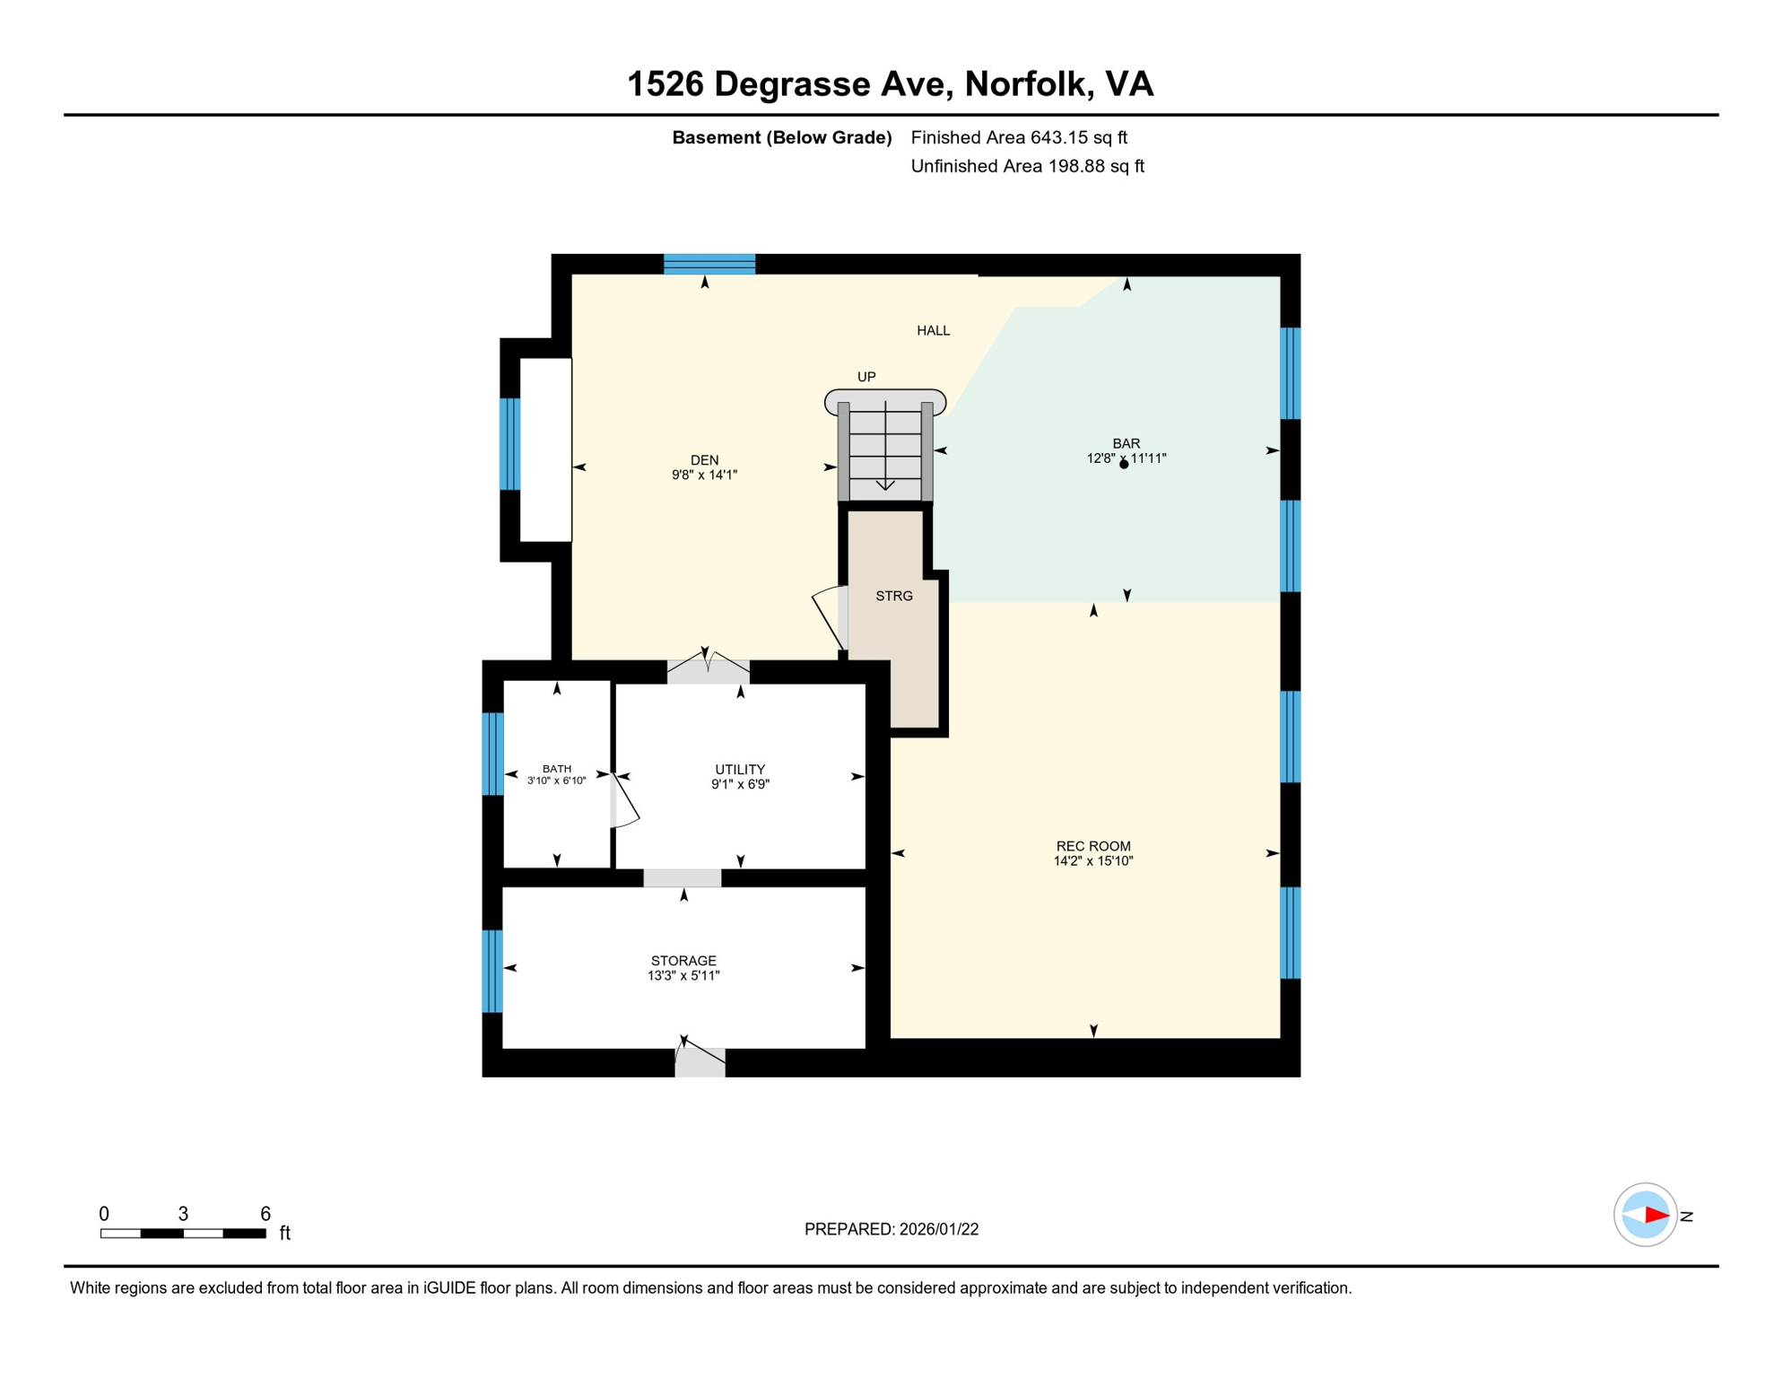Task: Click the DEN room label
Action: (704, 460)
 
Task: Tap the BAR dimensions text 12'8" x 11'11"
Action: (1126, 458)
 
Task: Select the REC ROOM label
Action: (1093, 846)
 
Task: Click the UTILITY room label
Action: (740, 770)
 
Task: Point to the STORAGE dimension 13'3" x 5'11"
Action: (683, 976)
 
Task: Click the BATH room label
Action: (557, 769)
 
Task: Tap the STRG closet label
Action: (894, 596)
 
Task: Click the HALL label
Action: (933, 331)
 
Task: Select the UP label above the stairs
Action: (866, 377)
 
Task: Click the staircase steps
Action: (885, 453)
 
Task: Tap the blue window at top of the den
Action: (709, 264)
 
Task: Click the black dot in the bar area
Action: (1124, 465)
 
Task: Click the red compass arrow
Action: (1656, 1216)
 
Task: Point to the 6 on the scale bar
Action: (265, 1214)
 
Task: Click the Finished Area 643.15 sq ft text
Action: (1019, 137)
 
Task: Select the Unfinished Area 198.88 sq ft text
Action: (1027, 166)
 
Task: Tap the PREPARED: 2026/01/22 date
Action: (891, 1229)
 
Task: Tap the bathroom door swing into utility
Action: (624, 801)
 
